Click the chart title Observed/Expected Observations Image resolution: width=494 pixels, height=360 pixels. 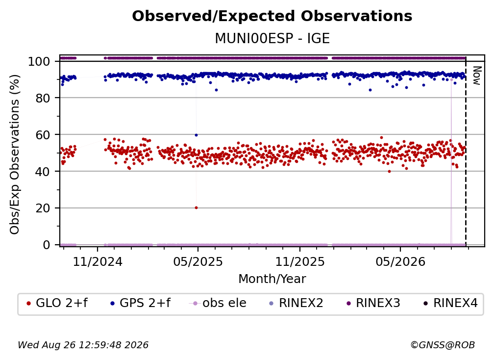(x=272, y=16)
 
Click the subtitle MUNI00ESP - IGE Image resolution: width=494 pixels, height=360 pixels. (x=272, y=39)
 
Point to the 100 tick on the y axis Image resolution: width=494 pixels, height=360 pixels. (x=39, y=61)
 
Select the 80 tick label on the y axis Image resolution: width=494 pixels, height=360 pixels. (x=43, y=98)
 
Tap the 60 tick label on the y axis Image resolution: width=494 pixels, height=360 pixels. (x=43, y=134)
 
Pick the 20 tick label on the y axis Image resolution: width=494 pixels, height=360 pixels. (x=43, y=208)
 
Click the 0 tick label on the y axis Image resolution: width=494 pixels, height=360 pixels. (x=46, y=245)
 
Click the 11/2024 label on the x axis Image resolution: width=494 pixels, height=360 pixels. (x=98, y=261)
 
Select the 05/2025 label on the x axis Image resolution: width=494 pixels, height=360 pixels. (x=198, y=261)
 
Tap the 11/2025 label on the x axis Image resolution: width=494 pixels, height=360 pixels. (x=300, y=261)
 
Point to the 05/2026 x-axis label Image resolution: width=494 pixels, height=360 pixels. (x=400, y=261)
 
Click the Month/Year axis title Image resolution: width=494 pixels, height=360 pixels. (x=272, y=279)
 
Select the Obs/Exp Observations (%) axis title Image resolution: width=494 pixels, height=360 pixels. (x=15, y=154)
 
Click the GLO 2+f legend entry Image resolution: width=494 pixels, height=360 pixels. (x=57, y=303)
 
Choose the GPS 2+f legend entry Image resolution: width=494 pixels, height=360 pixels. (x=141, y=303)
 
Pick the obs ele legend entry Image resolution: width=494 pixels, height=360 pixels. (x=218, y=303)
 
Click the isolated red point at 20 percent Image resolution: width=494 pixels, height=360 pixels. (x=196, y=208)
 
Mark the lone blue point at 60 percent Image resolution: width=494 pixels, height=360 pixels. (x=196, y=135)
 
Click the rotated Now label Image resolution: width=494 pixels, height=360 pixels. (x=477, y=76)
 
